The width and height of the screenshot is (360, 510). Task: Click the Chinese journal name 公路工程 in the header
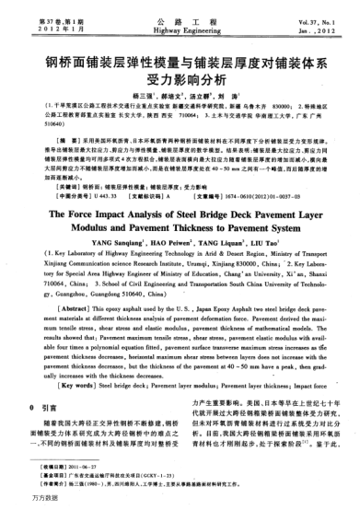[180, 19]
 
